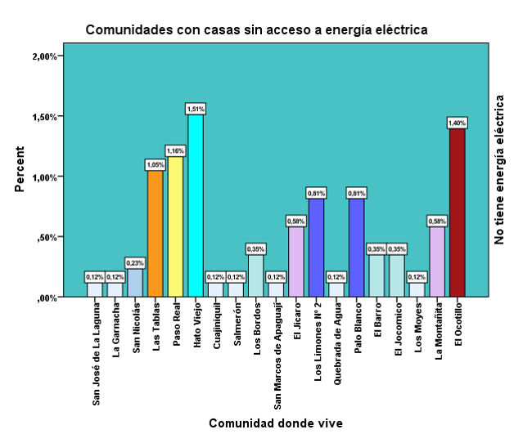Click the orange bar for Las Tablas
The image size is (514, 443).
[x=156, y=233]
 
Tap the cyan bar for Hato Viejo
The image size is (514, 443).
[x=196, y=205]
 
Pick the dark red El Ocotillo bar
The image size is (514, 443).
[x=457, y=212]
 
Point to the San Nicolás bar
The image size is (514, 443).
[x=135, y=283]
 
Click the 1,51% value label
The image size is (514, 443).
[x=196, y=109]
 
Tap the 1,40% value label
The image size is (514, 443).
[x=457, y=122]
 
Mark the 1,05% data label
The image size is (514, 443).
[x=156, y=164]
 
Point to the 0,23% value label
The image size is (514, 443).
[x=135, y=263]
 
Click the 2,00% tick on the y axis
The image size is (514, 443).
[x=43, y=56]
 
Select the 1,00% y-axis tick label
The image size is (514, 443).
[x=43, y=177]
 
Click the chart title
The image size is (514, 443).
[x=257, y=30]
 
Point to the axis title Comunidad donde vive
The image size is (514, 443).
[x=275, y=423]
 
